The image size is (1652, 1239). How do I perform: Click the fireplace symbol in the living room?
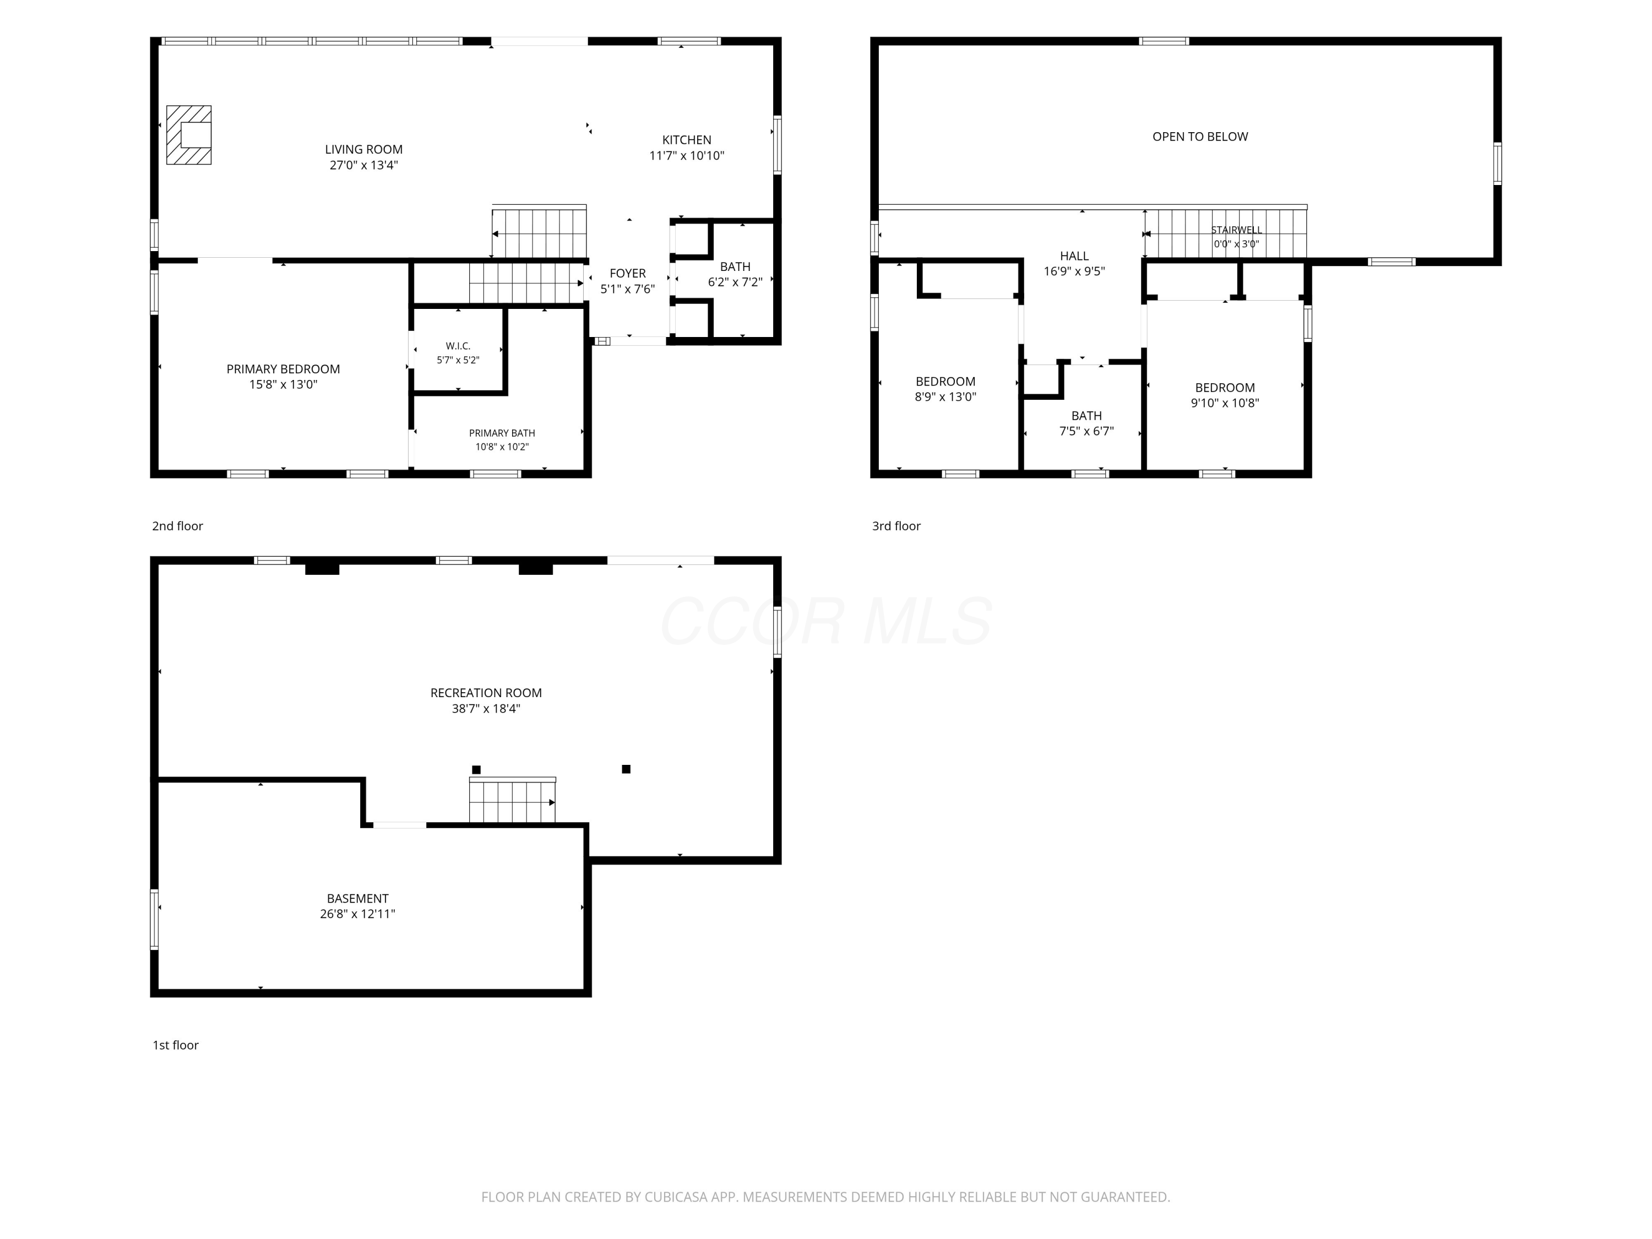[188, 135]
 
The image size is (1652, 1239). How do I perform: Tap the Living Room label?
[363, 149]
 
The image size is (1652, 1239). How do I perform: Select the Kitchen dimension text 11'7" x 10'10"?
[686, 156]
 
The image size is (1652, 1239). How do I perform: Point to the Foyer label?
[627, 273]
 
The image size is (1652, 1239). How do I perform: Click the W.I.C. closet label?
[458, 346]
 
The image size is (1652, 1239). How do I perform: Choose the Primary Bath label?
[502, 433]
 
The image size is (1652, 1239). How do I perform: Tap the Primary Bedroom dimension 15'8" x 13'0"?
[283, 384]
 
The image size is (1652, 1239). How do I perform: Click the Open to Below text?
[1199, 137]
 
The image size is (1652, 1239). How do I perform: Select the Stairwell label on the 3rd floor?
[1236, 230]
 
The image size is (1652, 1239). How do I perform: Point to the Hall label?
[1074, 256]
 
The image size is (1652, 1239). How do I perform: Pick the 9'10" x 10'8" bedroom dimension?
[1225, 403]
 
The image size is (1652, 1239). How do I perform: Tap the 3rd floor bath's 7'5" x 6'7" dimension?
[1086, 431]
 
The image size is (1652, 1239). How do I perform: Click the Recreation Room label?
[486, 693]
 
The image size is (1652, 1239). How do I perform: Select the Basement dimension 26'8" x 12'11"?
[358, 914]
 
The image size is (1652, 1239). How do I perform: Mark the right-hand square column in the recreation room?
[626, 769]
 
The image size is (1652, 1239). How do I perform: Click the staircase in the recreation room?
[512, 801]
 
